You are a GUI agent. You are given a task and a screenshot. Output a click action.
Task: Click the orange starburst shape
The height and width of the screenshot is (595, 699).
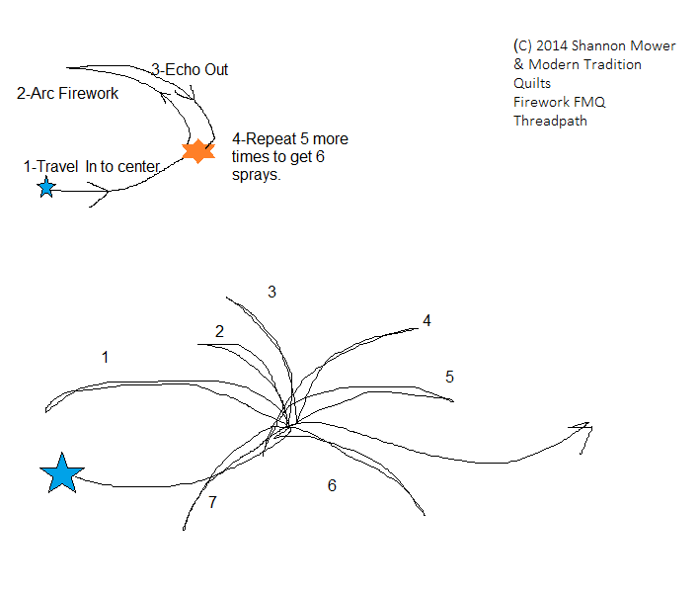(198, 151)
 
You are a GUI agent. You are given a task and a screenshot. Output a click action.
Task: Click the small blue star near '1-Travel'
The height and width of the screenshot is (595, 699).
(46, 187)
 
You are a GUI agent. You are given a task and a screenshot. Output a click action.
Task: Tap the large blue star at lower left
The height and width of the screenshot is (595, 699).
(62, 473)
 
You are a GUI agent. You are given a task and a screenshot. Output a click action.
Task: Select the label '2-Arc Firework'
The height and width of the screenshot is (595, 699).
(68, 94)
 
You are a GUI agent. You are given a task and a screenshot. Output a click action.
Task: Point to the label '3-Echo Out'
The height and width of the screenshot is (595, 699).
(190, 69)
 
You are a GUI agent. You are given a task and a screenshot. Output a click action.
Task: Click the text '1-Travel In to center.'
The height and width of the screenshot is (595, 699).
(91, 167)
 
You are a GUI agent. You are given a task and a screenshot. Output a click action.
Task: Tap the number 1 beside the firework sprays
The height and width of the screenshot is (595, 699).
(105, 357)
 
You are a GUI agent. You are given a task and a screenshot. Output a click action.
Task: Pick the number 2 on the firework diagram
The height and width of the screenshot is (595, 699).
(220, 331)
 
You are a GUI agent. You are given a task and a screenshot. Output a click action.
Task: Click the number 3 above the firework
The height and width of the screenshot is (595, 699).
(272, 292)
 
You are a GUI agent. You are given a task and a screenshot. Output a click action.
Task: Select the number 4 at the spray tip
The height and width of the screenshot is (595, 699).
(427, 320)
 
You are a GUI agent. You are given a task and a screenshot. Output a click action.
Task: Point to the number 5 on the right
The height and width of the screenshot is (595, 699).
(449, 377)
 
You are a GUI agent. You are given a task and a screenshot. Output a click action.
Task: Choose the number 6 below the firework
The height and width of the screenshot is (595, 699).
(332, 485)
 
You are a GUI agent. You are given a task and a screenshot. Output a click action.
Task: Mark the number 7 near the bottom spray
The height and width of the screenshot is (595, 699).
(212, 502)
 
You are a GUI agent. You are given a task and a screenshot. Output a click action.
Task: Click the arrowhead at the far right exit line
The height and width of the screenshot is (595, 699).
(582, 429)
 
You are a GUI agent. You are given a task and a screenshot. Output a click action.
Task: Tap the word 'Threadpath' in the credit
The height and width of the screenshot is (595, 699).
(550, 121)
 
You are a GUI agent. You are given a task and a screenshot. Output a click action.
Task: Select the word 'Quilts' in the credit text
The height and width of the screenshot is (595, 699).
(532, 83)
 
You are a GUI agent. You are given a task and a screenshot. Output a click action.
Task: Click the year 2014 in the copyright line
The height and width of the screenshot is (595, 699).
(552, 45)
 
